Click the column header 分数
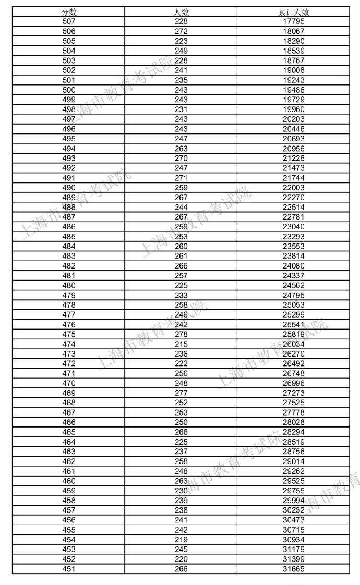pyautogui.click(x=68, y=12)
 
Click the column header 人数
pyautogui.click(x=181, y=12)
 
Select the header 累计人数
pyautogui.click(x=294, y=12)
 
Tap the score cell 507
pyautogui.click(x=68, y=21)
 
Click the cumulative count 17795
pyautogui.click(x=294, y=21)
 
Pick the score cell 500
pyautogui.click(x=68, y=90)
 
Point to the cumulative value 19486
pyautogui.click(x=294, y=90)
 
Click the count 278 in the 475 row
pyautogui.click(x=181, y=334)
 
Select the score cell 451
pyautogui.click(x=68, y=569)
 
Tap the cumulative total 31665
pyautogui.click(x=294, y=569)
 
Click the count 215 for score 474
pyautogui.click(x=181, y=344)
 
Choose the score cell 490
pyautogui.click(x=68, y=188)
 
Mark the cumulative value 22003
pyautogui.click(x=294, y=188)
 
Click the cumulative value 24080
pyautogui.click(x=294, y=266)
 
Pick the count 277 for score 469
pyautogui.click(x=181, y=393)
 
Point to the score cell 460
pyautogui.click(x=68, y=481)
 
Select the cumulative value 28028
pyautogui.click(x=294, y=422)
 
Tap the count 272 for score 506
pyautogui.click(x=181, y=31)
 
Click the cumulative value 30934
pyautogui.click(x=294, y=540)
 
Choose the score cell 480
pyautogui.click(x=68, y=285)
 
